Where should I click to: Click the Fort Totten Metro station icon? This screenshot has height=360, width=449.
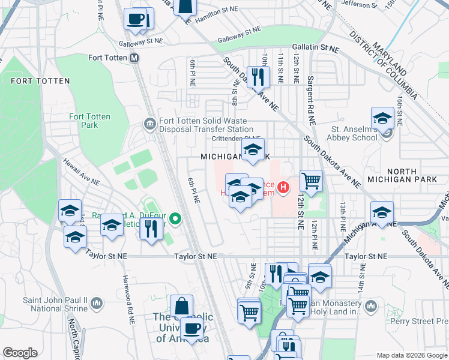134,58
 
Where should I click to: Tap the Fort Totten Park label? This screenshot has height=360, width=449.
83,121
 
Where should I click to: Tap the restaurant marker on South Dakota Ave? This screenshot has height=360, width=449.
259,77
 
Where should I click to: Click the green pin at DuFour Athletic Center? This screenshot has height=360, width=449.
175,219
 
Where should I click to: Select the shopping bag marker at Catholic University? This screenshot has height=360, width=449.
181,305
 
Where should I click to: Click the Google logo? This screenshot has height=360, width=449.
20,353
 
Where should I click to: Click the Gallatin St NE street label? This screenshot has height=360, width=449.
316,47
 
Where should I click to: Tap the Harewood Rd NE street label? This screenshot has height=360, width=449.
127,295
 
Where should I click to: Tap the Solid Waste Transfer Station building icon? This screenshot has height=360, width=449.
149,124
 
